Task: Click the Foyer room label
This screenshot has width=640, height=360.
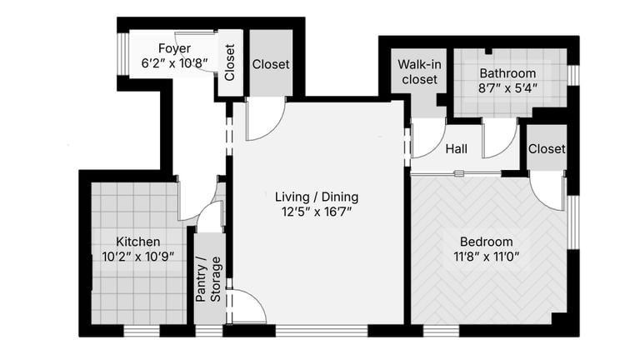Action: click(174, 48)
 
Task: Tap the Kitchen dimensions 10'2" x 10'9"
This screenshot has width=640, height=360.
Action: click(138, 257)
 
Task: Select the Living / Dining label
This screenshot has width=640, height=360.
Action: click(317, 197)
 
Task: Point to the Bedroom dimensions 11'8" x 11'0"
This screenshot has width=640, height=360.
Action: click(486, 257)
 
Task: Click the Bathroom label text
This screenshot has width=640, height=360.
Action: click(507, 73)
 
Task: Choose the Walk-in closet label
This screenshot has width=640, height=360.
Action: click(419, 72)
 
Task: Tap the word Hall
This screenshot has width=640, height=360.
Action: click(457, 148)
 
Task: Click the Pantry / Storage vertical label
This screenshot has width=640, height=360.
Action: click(208, 279)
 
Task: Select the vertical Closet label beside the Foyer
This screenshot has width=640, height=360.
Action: click(230, 62)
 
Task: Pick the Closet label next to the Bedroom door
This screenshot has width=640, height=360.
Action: click(547, 148)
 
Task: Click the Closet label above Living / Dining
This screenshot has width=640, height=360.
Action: click(271, 64)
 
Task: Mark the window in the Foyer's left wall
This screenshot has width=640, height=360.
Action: click(122, 54)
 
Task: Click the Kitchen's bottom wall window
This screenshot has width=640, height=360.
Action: click(142, 331)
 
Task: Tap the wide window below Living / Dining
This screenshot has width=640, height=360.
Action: click(322, 331)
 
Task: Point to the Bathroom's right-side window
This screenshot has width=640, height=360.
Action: click(573, 75)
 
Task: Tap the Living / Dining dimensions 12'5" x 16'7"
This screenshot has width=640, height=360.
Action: click(317, 212)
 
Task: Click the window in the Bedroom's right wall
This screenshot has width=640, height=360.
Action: click(573, 222)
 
